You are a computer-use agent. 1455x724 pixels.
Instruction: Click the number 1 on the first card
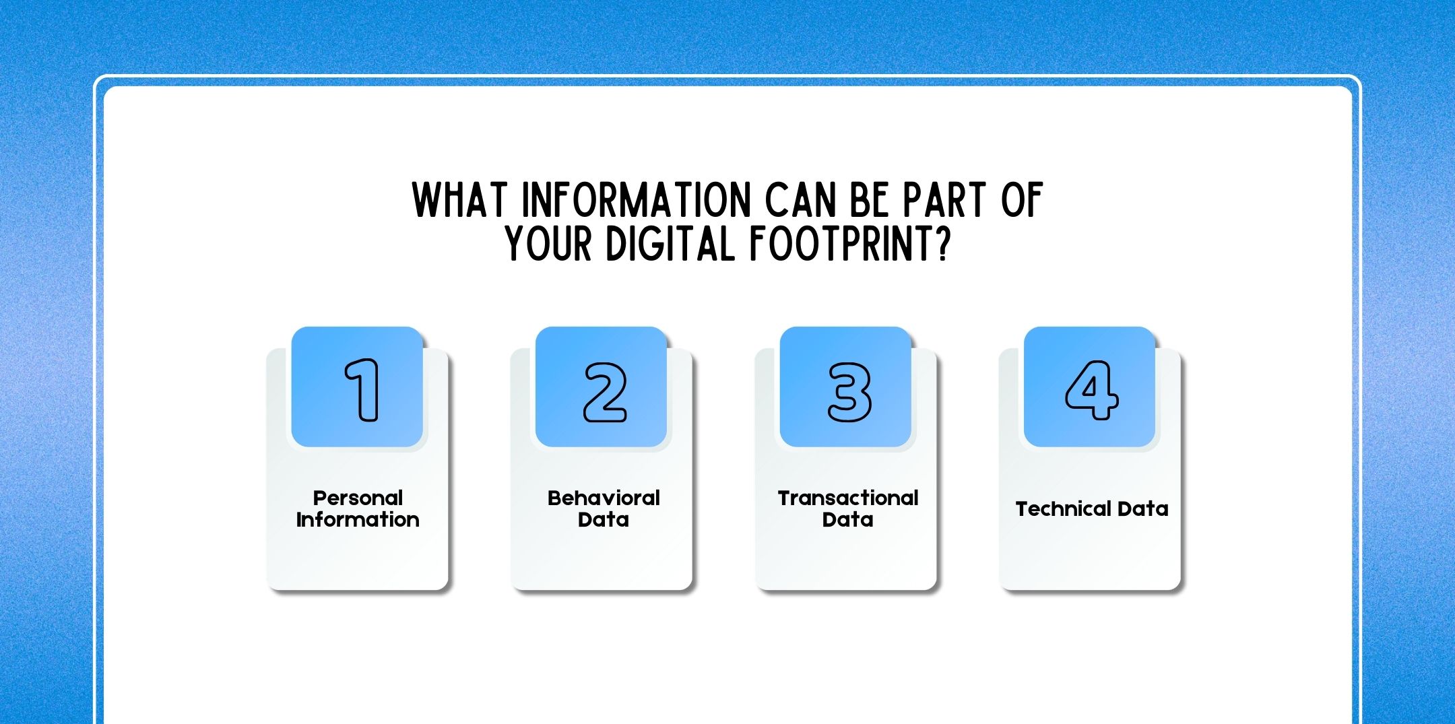coord(362,390)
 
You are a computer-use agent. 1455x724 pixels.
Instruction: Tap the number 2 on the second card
coord(604,392)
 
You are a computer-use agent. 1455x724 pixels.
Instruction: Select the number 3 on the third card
coord(849,392)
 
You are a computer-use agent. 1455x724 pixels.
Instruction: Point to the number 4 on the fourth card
coord(1091,390)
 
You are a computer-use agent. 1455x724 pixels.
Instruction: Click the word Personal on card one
coord(358,498)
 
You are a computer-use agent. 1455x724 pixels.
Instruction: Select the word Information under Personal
coord(358,520)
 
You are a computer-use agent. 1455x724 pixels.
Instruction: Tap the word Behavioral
coord(604,498)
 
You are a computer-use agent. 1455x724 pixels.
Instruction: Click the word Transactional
coord(848,498)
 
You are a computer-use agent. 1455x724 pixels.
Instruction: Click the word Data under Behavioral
coord(604,520)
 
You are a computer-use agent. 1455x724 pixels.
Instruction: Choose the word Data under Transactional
coord(848,520)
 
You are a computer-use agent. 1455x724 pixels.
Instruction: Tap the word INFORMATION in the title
coord(637,200)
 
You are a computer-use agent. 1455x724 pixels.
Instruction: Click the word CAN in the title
coord(798,200)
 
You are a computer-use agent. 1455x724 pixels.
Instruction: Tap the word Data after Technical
coord(1142,509)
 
